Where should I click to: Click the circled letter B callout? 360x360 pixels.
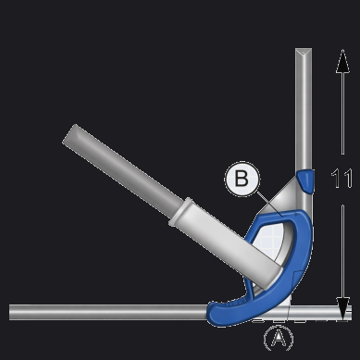tap(242, 179)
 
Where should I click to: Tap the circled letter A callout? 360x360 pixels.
tap(279, 339)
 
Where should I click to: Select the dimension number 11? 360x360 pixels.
tap(341, 179)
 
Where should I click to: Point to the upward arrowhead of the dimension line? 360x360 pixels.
tap(342, 61)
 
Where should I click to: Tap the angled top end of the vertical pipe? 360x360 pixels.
tap(304, 53)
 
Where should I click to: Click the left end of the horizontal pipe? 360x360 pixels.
tap(11, 312)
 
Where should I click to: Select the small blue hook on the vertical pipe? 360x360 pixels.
tap(305, 180)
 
